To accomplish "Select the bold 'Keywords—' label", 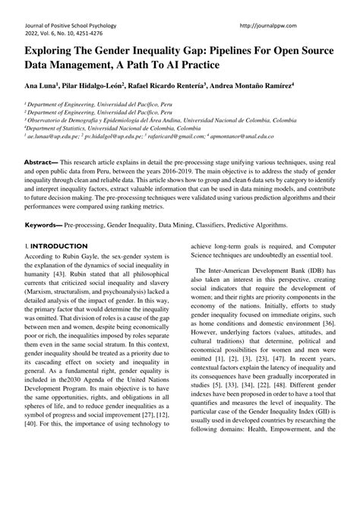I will click(43, 226).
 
